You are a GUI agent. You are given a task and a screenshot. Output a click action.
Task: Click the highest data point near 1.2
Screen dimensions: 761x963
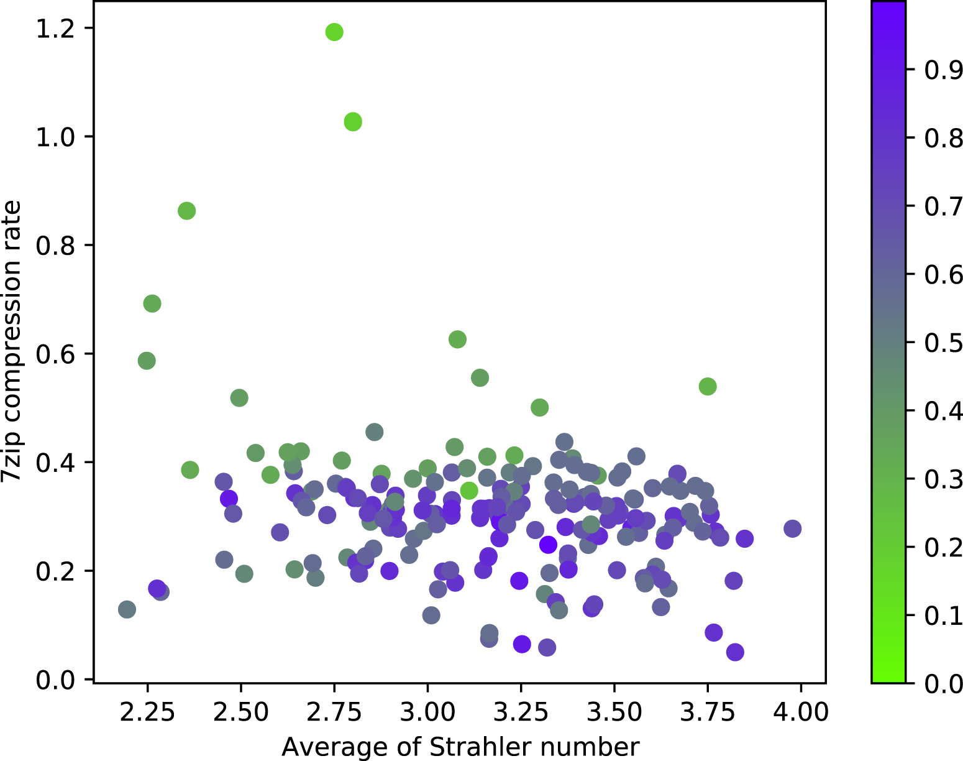coord(334,32)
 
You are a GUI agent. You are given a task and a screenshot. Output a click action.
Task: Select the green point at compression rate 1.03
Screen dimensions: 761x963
coord(353,122)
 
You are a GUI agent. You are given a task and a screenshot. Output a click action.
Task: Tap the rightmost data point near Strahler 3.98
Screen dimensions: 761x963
coord(792,528)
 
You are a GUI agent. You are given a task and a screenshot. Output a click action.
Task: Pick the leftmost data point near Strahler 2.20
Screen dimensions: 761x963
coord(127,609)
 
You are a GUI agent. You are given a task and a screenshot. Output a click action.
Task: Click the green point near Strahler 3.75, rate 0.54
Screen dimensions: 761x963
coord(708,387)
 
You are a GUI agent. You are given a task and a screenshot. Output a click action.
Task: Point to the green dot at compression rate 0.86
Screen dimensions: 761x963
coord(186,211)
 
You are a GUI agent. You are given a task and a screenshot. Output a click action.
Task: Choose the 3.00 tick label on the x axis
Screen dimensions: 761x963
coord(427,711)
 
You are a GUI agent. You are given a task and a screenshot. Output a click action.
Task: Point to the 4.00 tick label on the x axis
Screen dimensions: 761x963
coord(800,711)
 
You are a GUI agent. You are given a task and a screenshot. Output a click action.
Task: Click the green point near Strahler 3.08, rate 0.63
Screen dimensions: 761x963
coord(457,339)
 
